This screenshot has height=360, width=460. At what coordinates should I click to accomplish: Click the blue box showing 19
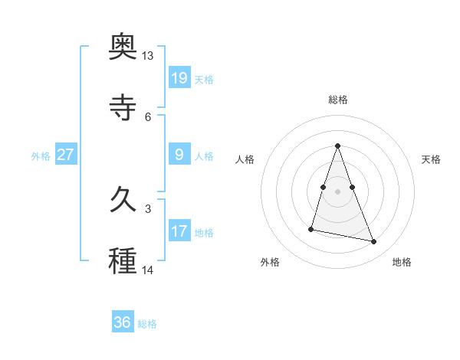(179, 77)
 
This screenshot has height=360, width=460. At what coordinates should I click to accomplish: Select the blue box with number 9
(179, 155)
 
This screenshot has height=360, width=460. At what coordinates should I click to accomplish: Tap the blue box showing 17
(179, 231)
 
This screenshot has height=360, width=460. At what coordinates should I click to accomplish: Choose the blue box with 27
(66, 155)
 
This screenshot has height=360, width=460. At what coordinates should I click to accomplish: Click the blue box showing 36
(123, 322)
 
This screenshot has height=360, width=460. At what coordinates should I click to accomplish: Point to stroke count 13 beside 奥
(148, 56)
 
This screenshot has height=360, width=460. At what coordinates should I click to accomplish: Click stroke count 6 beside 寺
(148, 116)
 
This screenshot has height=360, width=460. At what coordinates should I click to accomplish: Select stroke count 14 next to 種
(148, 270)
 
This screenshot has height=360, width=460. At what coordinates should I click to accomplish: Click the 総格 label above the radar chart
(338, 100)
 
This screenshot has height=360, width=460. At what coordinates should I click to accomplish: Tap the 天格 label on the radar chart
(432, 159)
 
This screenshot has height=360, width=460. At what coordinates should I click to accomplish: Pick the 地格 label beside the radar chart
(402, 262)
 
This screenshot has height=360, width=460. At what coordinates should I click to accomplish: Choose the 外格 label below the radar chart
(270, 262)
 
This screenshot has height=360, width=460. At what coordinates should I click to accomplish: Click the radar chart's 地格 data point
(374, 242)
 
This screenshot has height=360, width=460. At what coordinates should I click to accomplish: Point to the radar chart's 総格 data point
(337, 146)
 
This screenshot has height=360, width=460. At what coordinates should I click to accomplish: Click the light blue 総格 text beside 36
(147, 324)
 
